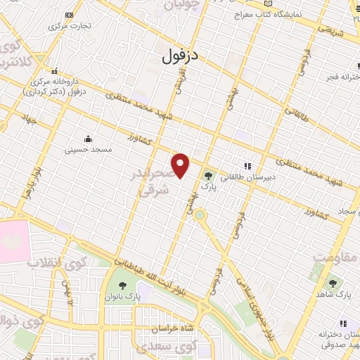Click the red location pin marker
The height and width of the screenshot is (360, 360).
[x=181, y=166]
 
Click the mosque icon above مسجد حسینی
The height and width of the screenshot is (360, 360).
[x=88, y=138]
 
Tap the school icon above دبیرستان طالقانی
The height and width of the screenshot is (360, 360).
[x=247, y=166]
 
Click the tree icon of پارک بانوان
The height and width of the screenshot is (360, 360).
[x=123, y=285]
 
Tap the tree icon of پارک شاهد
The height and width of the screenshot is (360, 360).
[x=332, y=283]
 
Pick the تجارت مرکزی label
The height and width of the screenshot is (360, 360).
[x=67, y=25]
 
